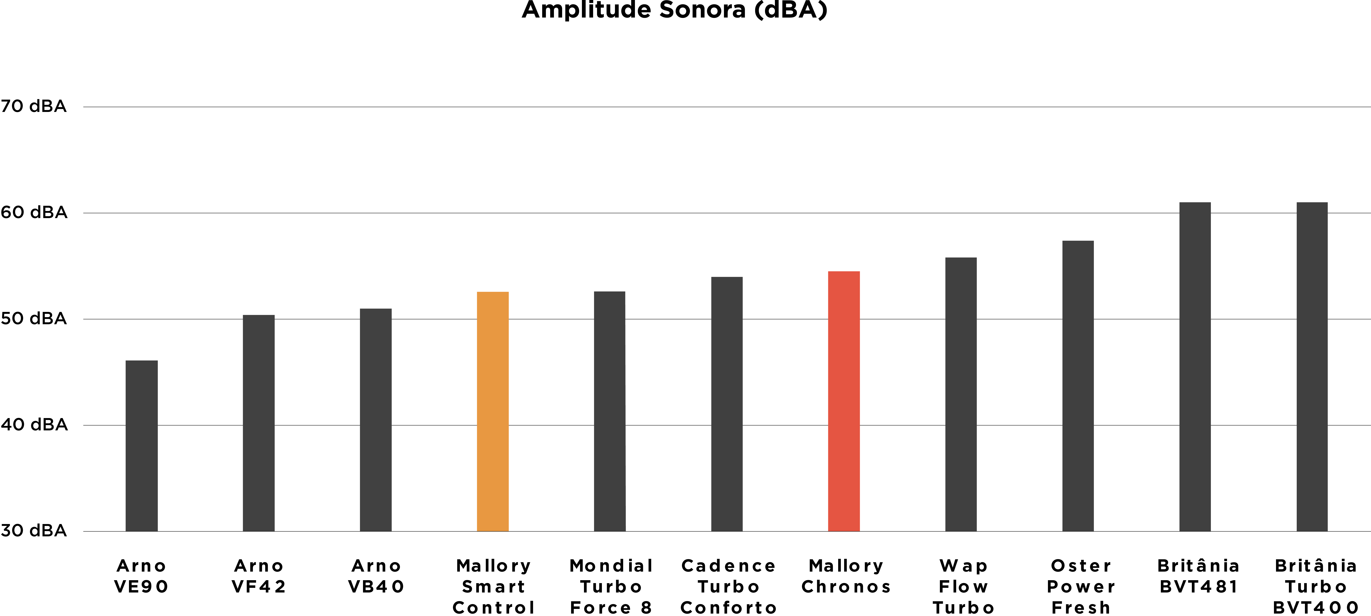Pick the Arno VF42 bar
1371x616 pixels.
[x=259, y=423]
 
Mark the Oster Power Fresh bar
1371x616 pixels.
[x=1078, y=386]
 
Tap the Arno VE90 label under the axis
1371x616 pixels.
[x=142, y=576]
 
